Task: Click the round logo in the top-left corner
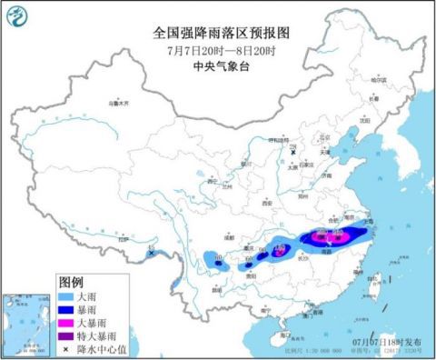tap(19, 15)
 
